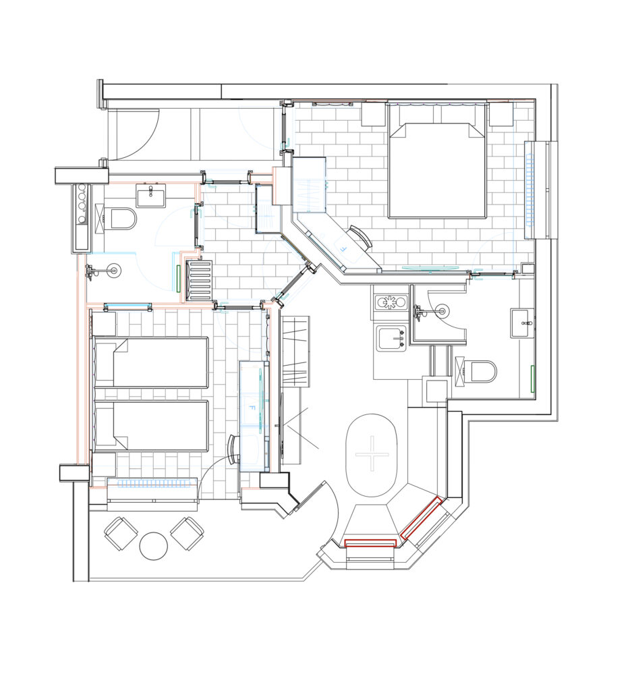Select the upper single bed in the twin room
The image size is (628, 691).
150,362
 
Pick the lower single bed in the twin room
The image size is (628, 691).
150,425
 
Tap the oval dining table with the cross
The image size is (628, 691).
371,455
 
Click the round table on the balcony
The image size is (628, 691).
153,546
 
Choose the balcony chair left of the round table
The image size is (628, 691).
120,533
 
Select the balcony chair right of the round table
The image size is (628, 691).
187,533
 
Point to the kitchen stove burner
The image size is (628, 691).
390,302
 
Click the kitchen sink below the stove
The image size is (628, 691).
391,339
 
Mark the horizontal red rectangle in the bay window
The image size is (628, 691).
370,543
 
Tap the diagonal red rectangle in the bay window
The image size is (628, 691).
421,518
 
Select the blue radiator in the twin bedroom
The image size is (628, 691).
152,483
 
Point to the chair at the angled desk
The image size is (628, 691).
361,236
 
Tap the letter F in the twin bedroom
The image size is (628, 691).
252,408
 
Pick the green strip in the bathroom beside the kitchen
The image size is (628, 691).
532,379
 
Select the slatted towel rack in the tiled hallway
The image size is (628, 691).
199,281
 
